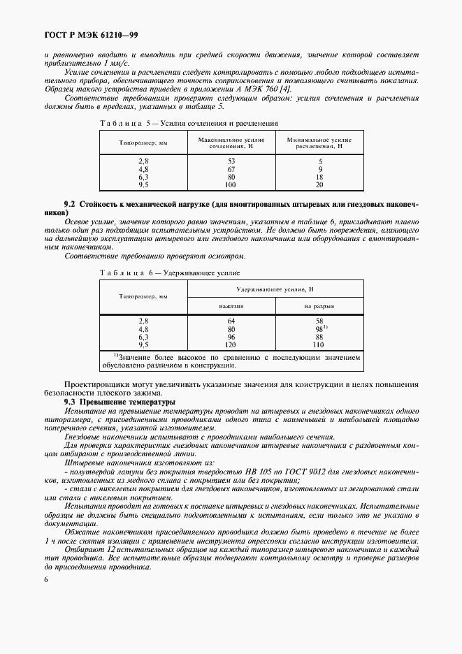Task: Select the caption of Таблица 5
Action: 189,123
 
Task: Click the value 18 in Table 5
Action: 319,177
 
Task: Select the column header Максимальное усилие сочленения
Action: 231,144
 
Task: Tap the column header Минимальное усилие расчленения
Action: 319,144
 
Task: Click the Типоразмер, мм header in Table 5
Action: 143,143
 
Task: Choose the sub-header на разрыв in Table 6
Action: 319,306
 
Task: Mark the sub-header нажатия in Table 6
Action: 231,306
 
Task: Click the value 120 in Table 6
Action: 231,344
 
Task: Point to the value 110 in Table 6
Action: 319,344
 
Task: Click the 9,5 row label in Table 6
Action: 144,344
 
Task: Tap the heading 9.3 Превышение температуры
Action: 112,403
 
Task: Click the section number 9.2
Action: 70,203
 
